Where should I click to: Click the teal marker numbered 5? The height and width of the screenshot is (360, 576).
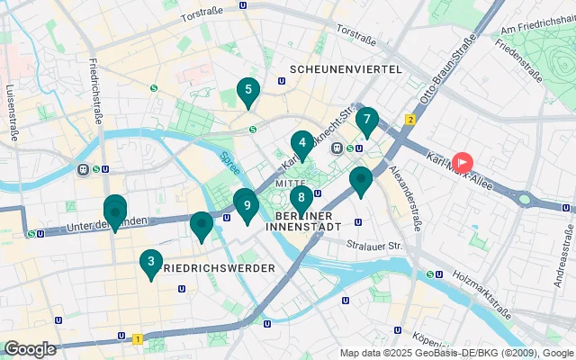point(247,89)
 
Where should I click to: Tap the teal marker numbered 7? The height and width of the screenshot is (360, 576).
point(366,119)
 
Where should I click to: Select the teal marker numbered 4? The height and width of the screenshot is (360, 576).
point(302,142)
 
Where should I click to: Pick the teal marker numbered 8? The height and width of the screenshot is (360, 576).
point(301,197)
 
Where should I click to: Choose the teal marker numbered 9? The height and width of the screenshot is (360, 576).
point(247,204)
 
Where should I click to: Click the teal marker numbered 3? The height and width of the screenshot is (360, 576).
point(150,262)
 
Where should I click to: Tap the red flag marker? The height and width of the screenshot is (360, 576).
point(462,163)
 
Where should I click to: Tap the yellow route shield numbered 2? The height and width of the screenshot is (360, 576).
point(409,119)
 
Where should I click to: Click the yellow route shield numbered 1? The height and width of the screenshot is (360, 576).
point(137,339)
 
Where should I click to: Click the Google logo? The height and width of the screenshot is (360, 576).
point(30,348)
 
